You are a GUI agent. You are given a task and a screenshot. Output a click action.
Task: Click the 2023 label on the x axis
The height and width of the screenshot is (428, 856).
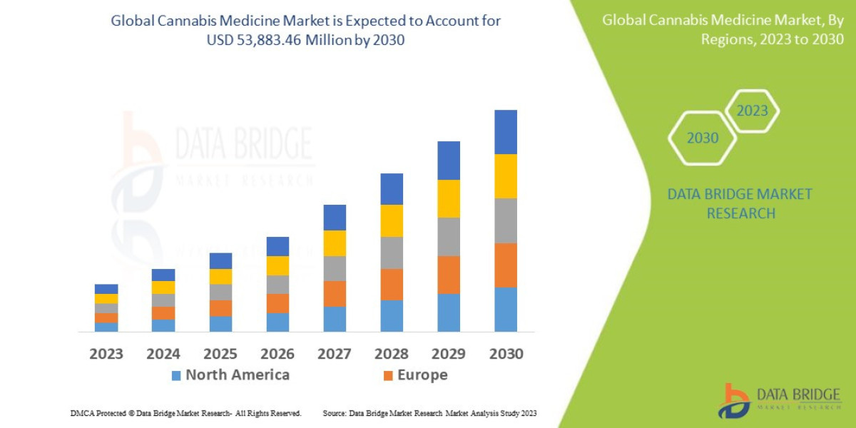click(x=106, y=354)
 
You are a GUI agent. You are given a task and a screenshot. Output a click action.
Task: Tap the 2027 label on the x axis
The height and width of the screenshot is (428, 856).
click(x=334, y=354)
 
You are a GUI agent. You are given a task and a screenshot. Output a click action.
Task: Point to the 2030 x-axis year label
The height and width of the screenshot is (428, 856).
click(x=505, y=354)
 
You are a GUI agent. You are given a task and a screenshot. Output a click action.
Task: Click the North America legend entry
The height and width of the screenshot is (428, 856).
click(x=230, y=375)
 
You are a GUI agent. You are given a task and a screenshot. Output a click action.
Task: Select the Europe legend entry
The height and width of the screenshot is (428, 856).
click(x=415, y=375)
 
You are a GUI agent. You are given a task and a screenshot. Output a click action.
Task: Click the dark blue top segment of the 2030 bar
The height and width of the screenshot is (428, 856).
click(x=505, y=132)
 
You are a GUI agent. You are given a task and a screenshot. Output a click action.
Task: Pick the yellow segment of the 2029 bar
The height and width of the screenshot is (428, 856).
click(x=448, y=198)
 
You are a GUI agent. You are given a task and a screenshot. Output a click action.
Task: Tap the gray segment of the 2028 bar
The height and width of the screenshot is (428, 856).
click(x=391, y=253)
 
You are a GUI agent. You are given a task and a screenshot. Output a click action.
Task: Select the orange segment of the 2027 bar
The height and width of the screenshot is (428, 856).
click(x=334, y=293)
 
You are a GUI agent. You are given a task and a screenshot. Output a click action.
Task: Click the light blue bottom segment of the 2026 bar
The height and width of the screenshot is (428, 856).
click(x=277, y=322)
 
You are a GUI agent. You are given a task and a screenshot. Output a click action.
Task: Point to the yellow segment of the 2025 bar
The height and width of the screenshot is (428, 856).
click(x=220, y=276)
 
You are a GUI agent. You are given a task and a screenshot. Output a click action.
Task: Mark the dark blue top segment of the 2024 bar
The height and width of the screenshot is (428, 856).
click(x=163, y=275)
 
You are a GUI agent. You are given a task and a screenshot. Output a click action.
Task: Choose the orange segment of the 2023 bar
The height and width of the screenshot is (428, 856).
click(x=106, y=317)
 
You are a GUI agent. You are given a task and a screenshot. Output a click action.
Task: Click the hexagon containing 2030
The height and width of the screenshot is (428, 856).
click(x=703, y=138)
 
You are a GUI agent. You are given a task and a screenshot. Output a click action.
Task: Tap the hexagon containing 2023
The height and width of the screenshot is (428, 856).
click(x=752, y=111)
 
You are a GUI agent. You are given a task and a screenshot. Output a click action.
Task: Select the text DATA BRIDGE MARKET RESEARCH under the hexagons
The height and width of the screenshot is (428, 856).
click(x=739, y=203)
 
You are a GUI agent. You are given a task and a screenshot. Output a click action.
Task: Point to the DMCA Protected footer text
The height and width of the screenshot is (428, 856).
click(x=185, y=413)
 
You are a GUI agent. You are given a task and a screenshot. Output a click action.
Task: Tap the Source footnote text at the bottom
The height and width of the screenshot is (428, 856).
click(x=429, y=413)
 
